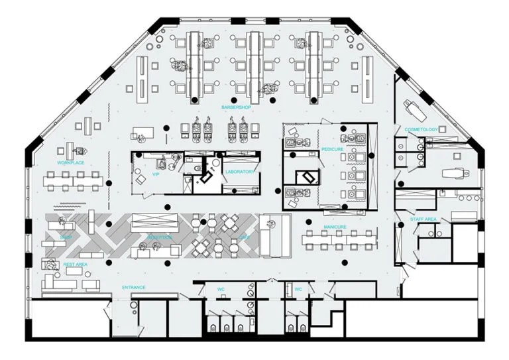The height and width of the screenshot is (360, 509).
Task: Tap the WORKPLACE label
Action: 70,162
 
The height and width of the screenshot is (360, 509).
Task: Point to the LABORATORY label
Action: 239,172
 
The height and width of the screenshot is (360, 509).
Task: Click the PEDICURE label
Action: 332,150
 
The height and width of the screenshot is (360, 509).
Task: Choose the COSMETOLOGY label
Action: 421,129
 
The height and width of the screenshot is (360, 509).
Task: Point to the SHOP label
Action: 66,237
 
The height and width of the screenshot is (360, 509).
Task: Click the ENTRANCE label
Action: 133,287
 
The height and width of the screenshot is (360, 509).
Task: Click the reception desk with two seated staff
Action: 156,249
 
